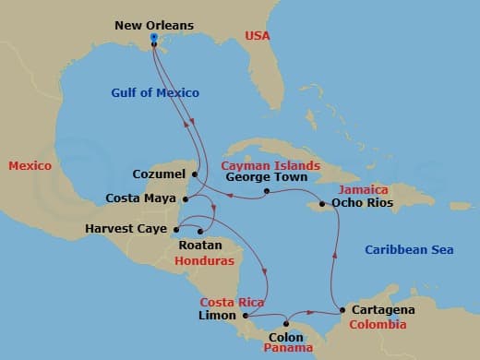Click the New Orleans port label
154,25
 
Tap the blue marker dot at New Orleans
153,39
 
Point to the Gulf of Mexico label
155,92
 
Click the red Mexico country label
30,165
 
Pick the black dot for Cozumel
195,173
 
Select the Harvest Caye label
126,228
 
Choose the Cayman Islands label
270,165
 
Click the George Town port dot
266,192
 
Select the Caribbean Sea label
409,250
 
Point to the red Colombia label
378,325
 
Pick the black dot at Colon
287,323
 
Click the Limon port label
217,316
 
